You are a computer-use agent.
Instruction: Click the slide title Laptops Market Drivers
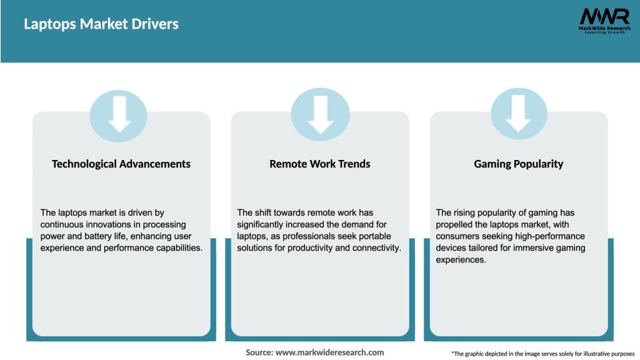point(101,24)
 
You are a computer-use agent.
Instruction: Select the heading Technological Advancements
point(121,164)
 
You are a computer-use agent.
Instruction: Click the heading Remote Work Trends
point(320,164)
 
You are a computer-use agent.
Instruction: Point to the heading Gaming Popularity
point(519,164)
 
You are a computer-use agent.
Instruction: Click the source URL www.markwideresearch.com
point(329,352)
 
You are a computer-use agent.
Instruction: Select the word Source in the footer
point(259,352)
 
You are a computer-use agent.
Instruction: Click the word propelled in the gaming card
point(458,224)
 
